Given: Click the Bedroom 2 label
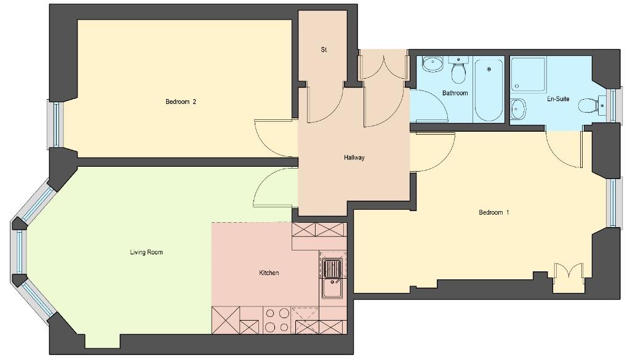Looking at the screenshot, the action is (x=181, y=102).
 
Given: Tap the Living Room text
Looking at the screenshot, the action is (x=146, y=252).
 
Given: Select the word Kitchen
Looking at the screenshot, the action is (x=269, y=273).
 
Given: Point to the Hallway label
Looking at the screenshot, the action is (x=354, y=158).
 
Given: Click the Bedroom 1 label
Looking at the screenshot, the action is (x=494, y=212).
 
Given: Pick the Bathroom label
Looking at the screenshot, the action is (x=455, y=93).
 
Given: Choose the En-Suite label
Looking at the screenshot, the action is (x=558, y=99).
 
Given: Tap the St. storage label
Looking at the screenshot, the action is (x=324, y=50).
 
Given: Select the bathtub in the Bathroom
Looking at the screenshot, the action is (x=488, y=90).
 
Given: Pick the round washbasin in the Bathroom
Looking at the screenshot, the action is (x=433, y=64).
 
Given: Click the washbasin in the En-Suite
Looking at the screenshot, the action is (x=518, y=108).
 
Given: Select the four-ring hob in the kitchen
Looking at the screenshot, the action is (x=277, y=320).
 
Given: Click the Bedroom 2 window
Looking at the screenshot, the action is (x=56, y=124).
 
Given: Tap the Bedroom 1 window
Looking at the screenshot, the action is (x=613, y=202).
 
